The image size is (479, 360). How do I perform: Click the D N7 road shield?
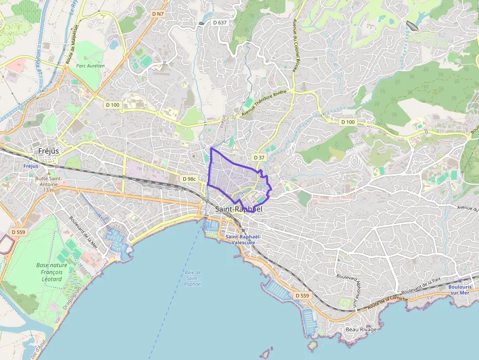click(157, 14)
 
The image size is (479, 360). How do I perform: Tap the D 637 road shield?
click(220, 22)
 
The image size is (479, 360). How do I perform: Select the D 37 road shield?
click(259, 157)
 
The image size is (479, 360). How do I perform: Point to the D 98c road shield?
click(189, 179)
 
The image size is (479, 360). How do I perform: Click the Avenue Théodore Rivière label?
click(263, 103)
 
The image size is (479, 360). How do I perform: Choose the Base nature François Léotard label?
click(49, 272)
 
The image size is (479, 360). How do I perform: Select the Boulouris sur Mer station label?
click(458, 290)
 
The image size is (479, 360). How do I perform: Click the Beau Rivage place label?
click(361, 329)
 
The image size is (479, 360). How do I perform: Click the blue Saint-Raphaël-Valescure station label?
click(243, 239)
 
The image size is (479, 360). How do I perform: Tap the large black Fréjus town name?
click(48, 151)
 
